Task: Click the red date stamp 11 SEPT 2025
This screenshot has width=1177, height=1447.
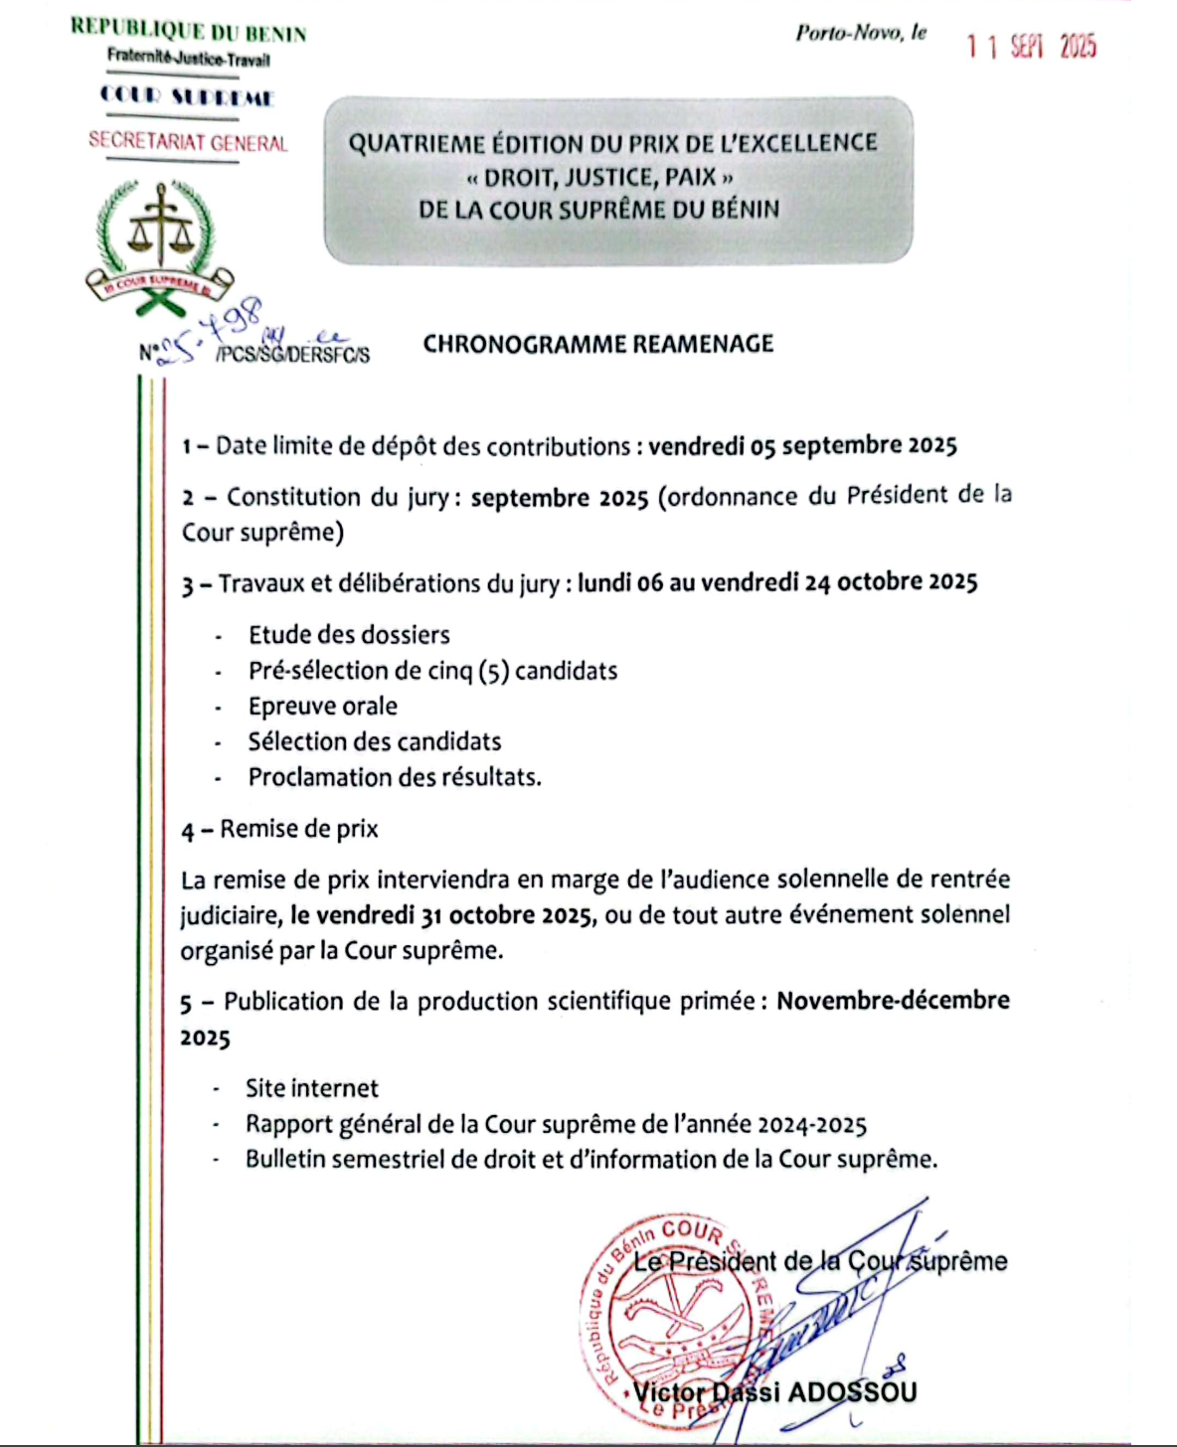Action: click(x=1031, y=47)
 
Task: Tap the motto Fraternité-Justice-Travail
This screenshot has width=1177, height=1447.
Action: click(x=189, y=60)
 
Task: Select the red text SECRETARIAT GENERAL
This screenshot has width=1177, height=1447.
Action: click(x=188, y=142)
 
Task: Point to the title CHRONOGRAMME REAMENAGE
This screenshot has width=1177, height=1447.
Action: click(x=598, y=344)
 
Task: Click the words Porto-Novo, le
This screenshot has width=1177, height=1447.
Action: click(x=861, y=33)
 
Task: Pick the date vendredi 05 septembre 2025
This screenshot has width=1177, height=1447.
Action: click(x=802, y=445)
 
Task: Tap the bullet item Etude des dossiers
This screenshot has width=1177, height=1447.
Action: click(x=349, y=635)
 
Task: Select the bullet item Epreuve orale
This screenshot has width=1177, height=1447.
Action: click(x=323, y=707)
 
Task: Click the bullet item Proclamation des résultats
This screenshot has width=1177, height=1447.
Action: click(x=395, y=777)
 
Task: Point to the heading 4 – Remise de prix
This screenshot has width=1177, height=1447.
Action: click(x=279, y=829)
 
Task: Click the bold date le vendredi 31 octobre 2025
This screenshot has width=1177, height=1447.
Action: click(x=443, y=915)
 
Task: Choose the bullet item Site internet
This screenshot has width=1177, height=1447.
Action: click(x=312, y=1088)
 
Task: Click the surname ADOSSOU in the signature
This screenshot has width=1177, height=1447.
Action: click(x=850, y=1391)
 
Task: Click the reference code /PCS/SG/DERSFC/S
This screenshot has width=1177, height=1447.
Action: click(x=292, y=355)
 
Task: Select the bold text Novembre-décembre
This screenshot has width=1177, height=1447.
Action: click(x=893, y=1001)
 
